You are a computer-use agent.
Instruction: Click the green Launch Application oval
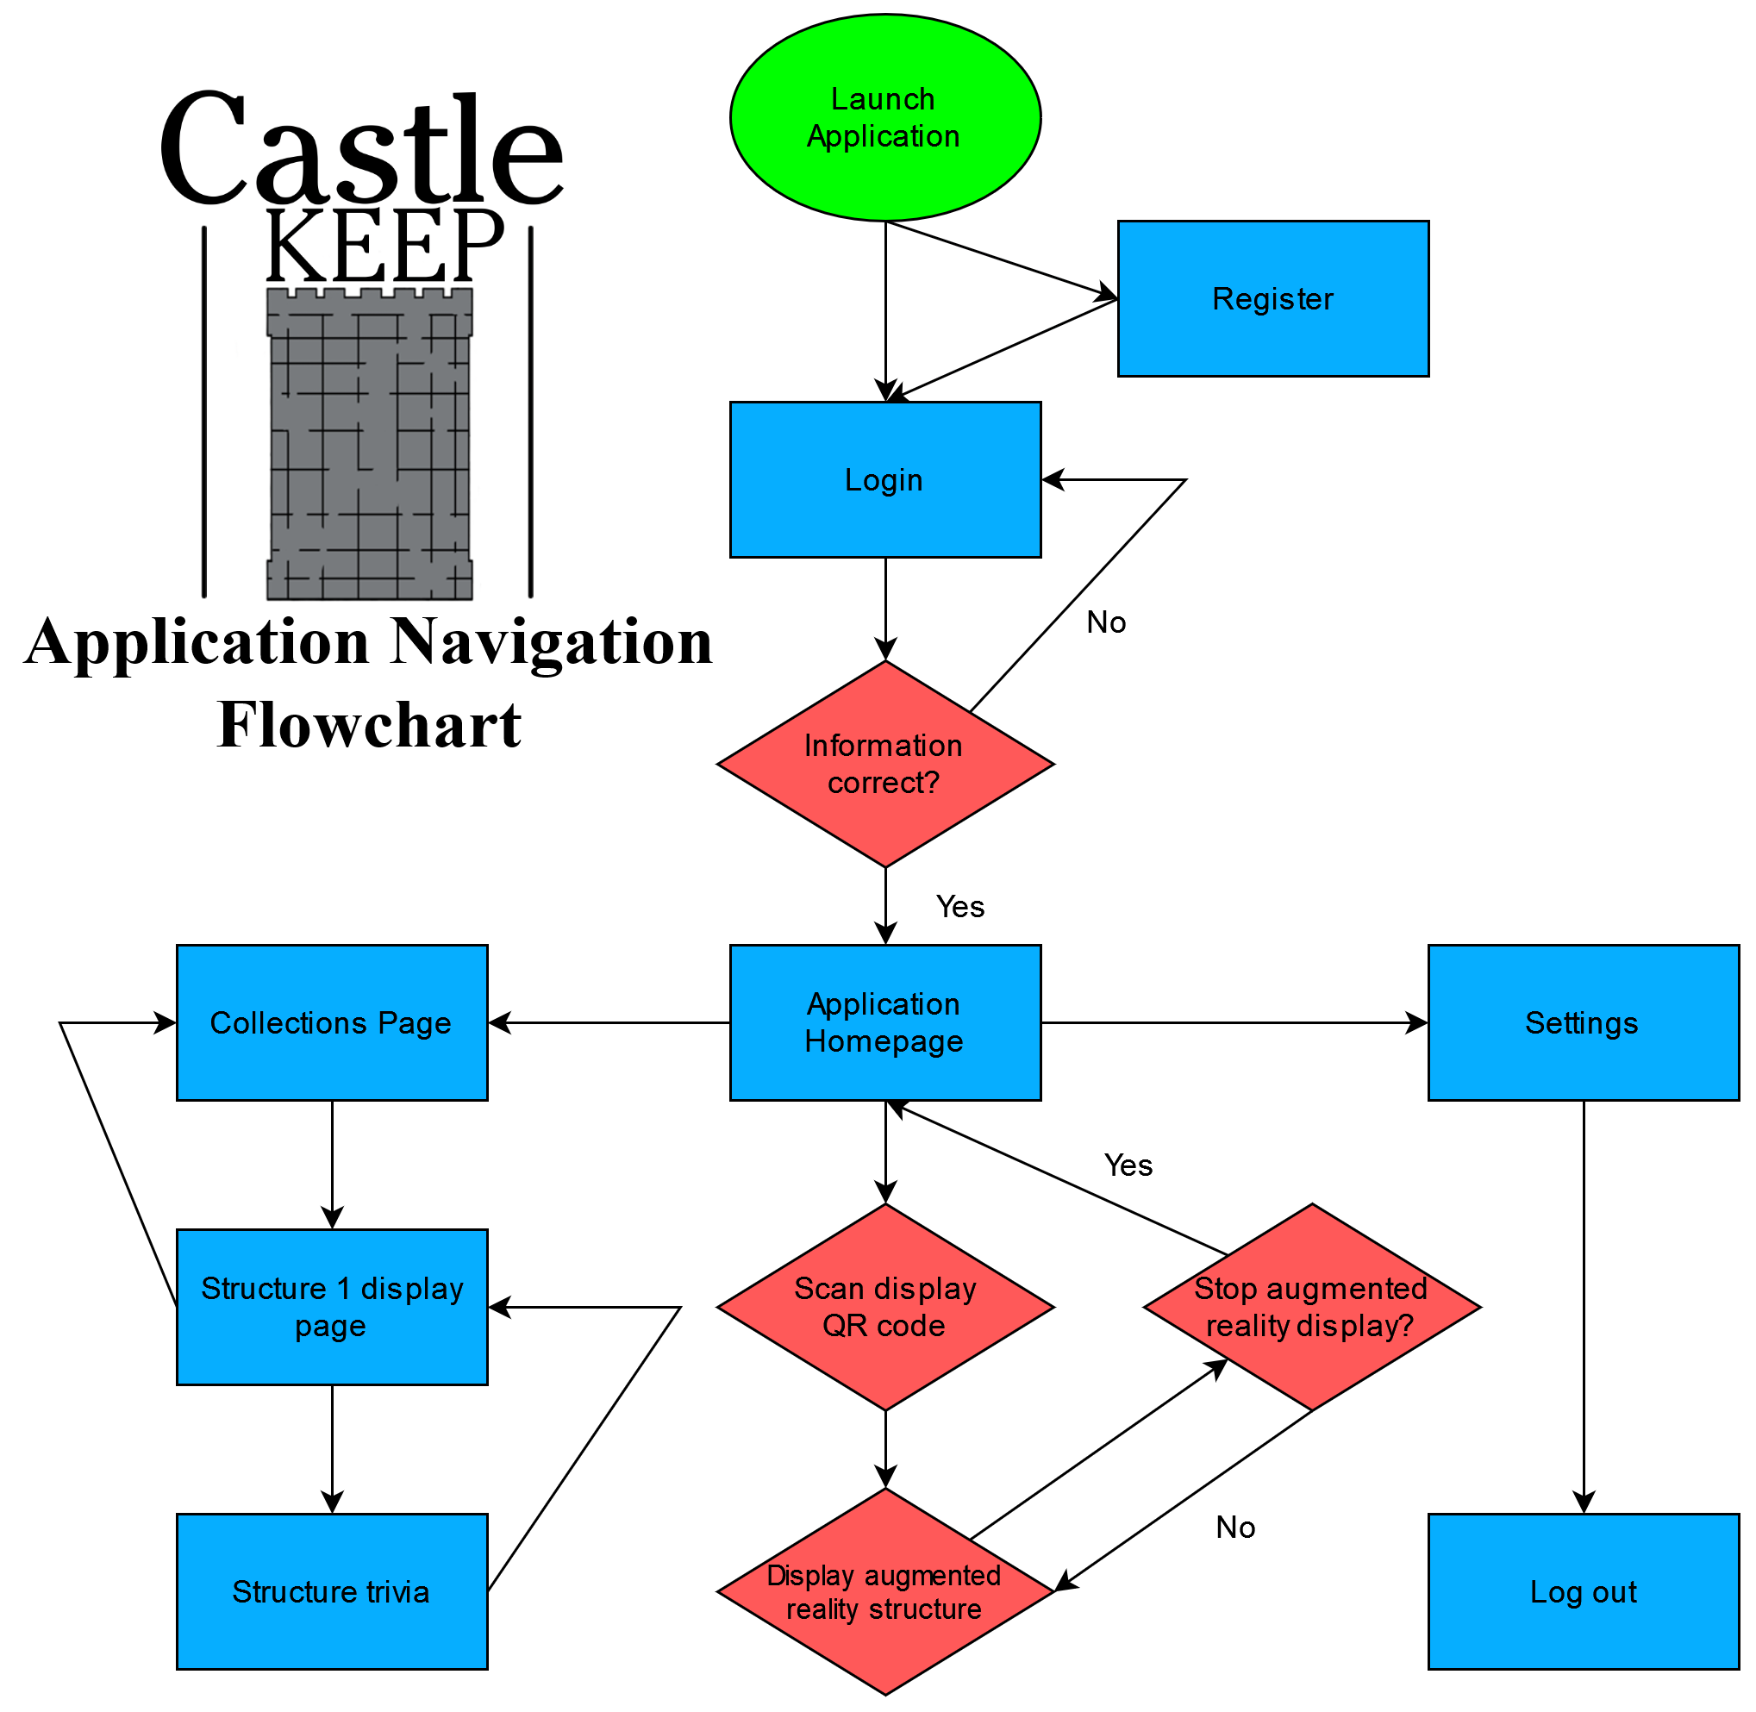pyautogui.click(x=885, y=118)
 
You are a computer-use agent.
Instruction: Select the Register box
pyautogui.click(x=1273, y=298)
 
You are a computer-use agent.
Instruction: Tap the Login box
pyautogui.click(x=885, y=480)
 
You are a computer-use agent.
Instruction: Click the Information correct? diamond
pyautogui.click(x=885, y=765)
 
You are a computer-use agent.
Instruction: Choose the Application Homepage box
pyautogui.click(x=885, y=1022)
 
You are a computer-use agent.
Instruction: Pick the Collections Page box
pyautogui.click(x=332, y=1022)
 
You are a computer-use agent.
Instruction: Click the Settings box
pyautogui.click(x=1584, y=1022)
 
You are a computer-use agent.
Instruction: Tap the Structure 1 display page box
pyautogui.click(x=332, y=1308)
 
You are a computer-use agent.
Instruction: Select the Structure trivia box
pyautogui.click(x=332, y=1591)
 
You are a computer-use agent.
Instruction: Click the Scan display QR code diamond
pyautogui.click(x=885, y=1308)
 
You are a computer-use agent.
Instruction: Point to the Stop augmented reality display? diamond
pyautogui.click(x=1312, y=1308)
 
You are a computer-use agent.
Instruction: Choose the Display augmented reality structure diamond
pyautogui.click(x=885, y=1591)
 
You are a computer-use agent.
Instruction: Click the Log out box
pyautogui.click(x=1584, y=1591)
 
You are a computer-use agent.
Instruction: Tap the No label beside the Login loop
pyautogui.click(x=1106, y=622)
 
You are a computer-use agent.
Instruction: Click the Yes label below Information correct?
pyautogui.click(x=960, y=906)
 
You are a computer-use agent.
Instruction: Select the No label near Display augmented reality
pyautogui.click(x=1235, y=1527)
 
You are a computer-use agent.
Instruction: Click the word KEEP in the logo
pyautogui.click(x=384, y=245)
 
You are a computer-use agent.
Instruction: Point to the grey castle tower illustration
pyautogui.click(x=370, y=445)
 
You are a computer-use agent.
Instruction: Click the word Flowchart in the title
pyautogui.click(x=370, y=725)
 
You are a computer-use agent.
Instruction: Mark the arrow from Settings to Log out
pyautogui.click(x=1584, y=1303)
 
